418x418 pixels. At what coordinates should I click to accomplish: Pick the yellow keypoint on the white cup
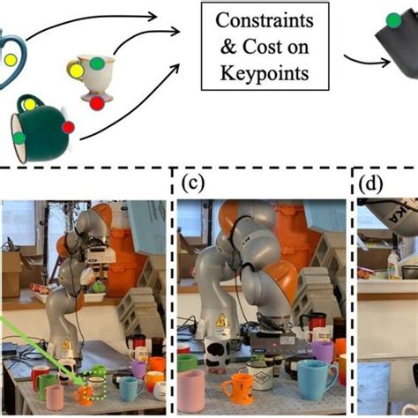pyautogui.click(x=78, y=69)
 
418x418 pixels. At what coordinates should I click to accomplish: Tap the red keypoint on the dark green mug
pyautogui.click(x=68, y=127)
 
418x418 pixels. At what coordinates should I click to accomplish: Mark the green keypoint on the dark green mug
pyautogui.click(x=19, y=138)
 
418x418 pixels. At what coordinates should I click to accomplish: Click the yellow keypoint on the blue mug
pyautogui.click(x=10, y=61)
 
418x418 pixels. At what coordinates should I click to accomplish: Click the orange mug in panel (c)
pyautogui.click(x=237, y=386)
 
